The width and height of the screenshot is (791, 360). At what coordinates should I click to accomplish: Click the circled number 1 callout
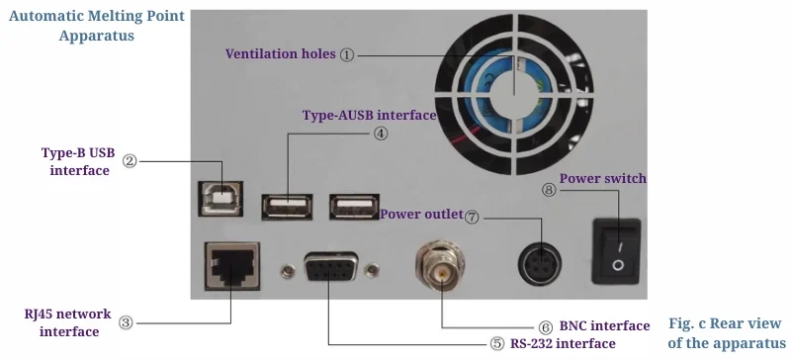coord(347,55)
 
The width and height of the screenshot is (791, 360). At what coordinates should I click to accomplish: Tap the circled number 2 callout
coord(130,160)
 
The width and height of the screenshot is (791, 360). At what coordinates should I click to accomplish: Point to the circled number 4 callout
coord(381,134)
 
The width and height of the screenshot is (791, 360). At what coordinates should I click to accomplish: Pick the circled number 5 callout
coord(496,344)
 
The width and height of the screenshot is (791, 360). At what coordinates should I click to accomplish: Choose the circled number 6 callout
coord(545,326)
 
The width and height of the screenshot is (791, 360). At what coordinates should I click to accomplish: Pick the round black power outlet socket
coord(541,264)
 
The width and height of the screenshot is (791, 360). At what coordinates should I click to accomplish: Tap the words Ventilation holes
coord(281,54)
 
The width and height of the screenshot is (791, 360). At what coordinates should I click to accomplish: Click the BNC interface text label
coord(604,326)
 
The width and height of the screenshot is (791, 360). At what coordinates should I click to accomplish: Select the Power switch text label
coord(602,179)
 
